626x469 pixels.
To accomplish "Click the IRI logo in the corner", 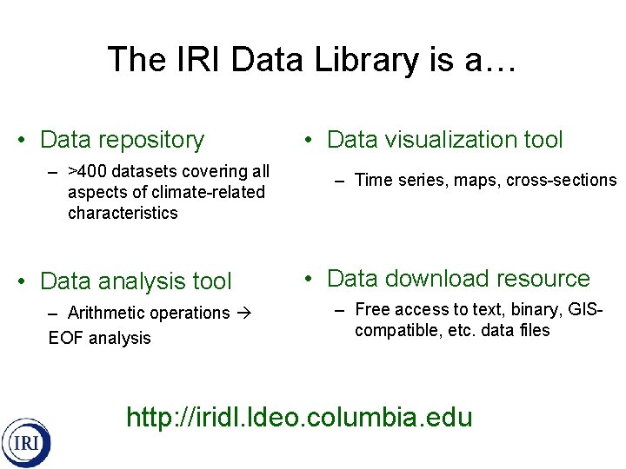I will point(25,443).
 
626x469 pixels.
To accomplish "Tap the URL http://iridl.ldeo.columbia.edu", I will point(299,417).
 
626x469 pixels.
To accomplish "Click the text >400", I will point(88,171).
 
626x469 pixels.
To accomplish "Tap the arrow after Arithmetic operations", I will point(243,313).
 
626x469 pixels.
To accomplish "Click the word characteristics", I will point(123,213).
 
